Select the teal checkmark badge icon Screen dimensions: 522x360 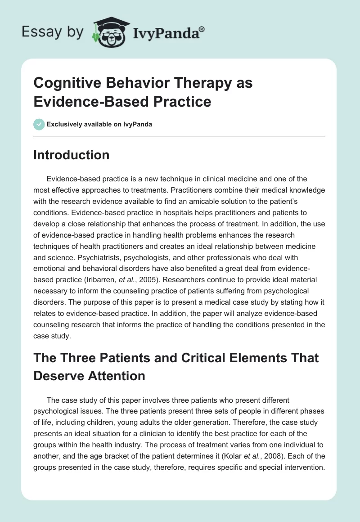39,124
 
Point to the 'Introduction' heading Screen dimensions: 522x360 72,155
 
